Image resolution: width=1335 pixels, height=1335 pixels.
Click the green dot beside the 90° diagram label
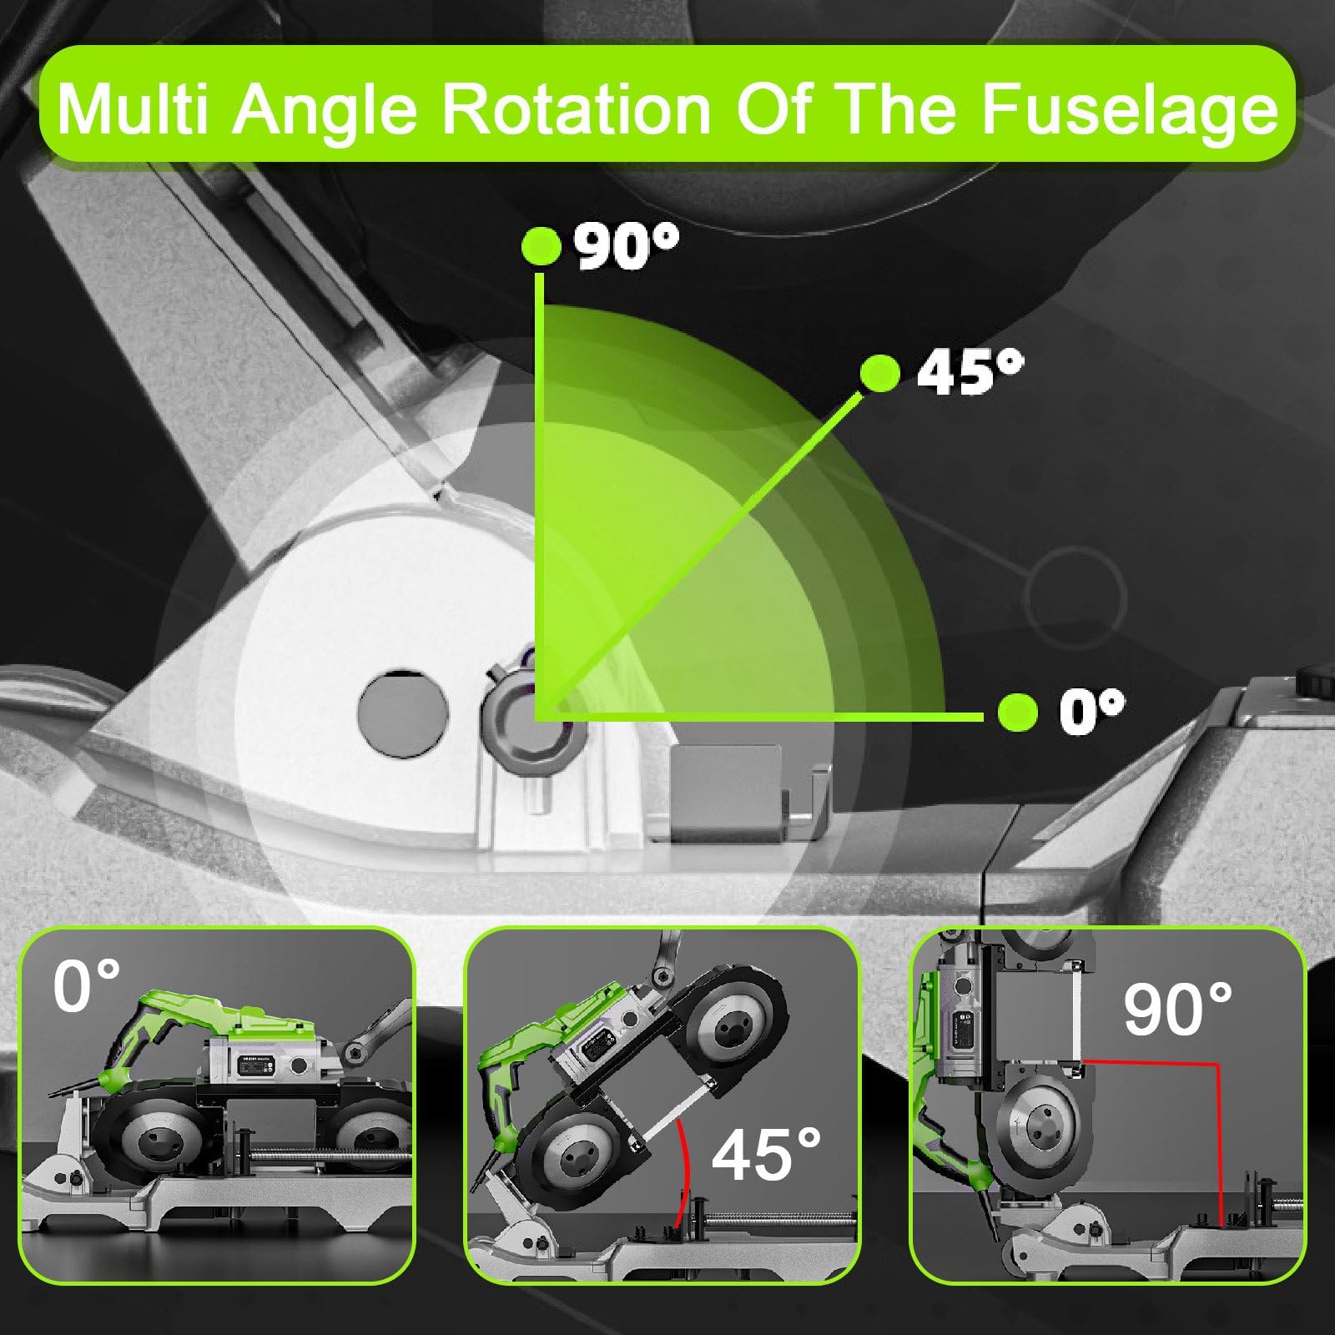540,246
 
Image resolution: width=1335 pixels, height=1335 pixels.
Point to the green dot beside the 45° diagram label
879,373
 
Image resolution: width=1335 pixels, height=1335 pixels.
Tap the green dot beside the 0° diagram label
1018,713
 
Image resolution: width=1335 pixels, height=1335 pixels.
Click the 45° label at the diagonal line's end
970,372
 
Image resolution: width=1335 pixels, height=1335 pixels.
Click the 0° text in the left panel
87,986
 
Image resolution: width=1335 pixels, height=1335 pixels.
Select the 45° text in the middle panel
766,1155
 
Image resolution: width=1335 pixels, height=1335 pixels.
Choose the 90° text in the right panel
1177,1009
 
